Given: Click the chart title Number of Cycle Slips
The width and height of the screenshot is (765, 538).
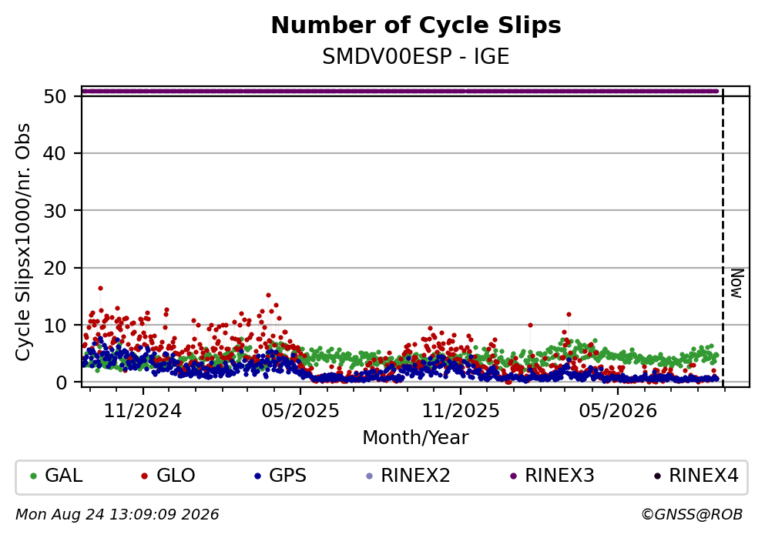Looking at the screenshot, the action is pos(416,25).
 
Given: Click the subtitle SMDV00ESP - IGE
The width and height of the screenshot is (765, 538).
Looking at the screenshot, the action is pos(416,56).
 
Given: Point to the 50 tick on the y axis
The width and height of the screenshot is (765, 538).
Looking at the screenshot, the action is pos(55,96).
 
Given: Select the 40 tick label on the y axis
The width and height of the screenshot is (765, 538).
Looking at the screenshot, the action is pos(55,153).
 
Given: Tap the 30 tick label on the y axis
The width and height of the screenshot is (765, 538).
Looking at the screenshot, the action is pos(55,211).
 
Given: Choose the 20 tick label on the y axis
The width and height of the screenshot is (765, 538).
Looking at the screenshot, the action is pos(55,268).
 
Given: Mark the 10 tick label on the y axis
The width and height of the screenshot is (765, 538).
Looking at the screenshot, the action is pos(55,325).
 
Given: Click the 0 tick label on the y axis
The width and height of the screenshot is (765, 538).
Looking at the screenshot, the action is pos(61,382).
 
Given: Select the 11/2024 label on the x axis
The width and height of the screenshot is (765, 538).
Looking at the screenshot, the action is pos(143,411).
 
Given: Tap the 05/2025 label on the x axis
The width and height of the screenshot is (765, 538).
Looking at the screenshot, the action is pos(300,411).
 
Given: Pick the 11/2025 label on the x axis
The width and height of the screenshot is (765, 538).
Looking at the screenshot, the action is pos(461,411).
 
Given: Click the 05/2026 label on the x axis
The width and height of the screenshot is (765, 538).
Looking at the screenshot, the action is pos(618,411).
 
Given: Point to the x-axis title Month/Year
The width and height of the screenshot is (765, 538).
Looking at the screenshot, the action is pos(416,438).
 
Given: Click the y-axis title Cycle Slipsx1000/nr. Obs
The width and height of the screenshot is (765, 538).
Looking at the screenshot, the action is pos(23,242).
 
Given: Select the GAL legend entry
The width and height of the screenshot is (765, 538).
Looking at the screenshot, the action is pos(56,476).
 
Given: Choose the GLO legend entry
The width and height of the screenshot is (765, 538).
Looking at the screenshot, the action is pos(168,476).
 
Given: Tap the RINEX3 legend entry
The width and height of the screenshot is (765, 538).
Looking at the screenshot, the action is pos(552,476).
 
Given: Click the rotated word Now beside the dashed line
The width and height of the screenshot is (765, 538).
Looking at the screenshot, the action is pos(736,283).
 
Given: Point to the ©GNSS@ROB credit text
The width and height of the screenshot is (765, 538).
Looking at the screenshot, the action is pos(692,515).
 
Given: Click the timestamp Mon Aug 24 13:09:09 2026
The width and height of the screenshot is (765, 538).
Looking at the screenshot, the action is pos(118,515).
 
